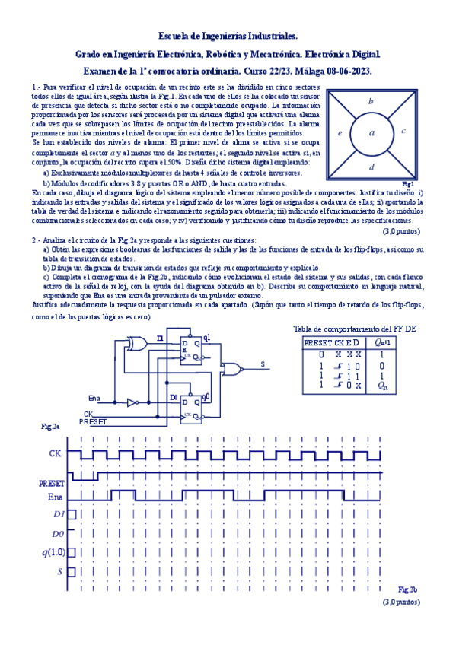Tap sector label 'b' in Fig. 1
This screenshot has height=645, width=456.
[x=371, y=100]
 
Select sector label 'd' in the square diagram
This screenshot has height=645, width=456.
[x=371, y=167]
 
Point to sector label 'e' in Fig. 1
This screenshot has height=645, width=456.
[x=340, y=133]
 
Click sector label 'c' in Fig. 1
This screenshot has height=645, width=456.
[x=403, y=131]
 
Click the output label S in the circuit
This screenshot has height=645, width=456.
[x=263, y=365]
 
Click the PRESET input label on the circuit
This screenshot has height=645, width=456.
[x=93, y=421]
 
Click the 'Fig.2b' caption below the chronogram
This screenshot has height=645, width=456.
[x=408, y=589]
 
